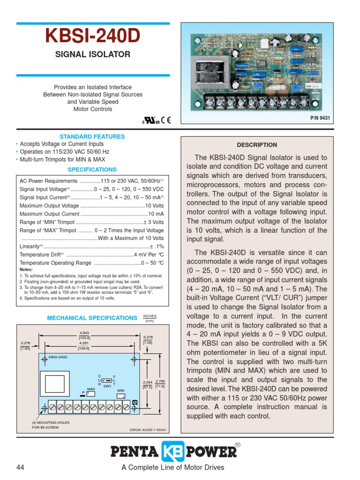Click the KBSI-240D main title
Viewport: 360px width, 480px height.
[93, 37]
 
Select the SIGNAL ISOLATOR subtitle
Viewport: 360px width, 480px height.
[93, 54]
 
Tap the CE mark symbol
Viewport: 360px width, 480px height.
[166, 119]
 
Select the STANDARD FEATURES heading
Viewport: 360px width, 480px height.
[92, 136]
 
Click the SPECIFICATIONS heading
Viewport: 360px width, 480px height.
[92, 170]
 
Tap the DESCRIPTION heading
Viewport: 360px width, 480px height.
[257, 145]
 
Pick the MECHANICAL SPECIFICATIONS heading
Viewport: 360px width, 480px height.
[92, 318]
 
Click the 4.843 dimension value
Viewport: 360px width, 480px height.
[84, 333]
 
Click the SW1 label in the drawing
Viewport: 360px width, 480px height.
[107, 386]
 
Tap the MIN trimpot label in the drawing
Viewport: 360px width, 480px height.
[120, 390]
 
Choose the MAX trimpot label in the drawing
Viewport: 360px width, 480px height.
[91, 389]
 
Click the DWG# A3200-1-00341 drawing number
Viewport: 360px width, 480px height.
[148, 430]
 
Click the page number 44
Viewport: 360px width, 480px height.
[20, 467]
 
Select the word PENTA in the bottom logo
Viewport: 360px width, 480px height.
[135, 451]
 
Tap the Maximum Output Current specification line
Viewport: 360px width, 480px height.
[92, 214]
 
